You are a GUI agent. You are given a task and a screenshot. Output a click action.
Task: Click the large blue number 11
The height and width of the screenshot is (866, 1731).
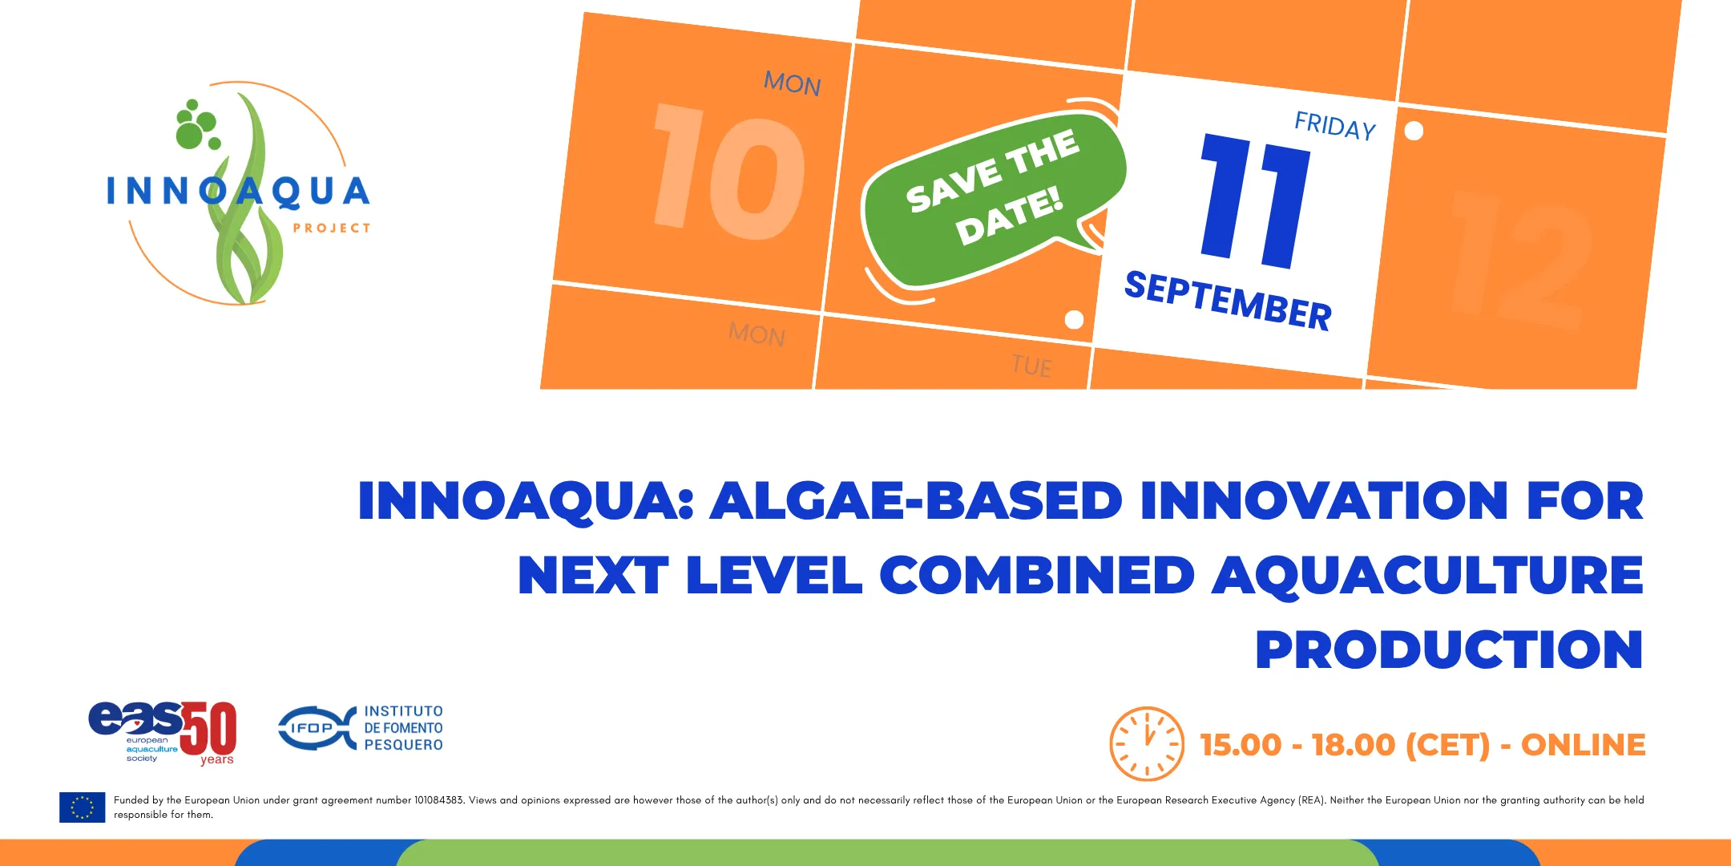pyautogui.click(x=1256, y=200)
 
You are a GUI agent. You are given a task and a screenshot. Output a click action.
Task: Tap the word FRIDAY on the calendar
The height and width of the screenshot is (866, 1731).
pyautogui.click(x=1335, y=126)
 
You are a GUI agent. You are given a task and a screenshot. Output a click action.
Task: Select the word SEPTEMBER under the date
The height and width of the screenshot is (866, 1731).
pyautogui.click(x=1228, y=301)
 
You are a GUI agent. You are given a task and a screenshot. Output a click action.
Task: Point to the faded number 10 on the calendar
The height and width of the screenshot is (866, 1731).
pyautogui.click(x=729, y=172)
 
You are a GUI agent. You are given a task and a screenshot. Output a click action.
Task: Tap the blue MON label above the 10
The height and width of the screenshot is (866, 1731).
pyautogui.click(x=793, y=83)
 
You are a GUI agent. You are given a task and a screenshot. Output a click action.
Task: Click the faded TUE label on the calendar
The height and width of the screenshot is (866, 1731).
pyautogui.click(x=1031, y=366)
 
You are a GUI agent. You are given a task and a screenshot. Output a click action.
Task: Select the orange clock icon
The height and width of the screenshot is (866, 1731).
pyautogui.click(x=1147, y=743)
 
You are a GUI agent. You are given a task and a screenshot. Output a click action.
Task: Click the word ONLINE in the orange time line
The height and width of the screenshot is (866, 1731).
pyautogui.click(x=1583, y=745)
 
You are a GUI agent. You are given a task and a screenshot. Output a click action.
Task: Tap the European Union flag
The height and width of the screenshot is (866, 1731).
pyautogui.click(x=82, y=807)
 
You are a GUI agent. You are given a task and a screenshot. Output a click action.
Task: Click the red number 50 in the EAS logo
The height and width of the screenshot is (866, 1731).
pyautogui.click(x=208, y=728)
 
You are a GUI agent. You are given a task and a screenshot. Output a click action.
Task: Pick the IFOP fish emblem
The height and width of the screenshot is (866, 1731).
pyautogui.click(x=317, y=728)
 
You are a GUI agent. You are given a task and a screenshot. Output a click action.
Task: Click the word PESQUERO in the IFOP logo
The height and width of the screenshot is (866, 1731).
pyautogui.click(x=404, y=745)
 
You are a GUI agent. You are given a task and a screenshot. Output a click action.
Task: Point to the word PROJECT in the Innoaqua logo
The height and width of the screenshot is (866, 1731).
pyautogui.click(x=332, y=229)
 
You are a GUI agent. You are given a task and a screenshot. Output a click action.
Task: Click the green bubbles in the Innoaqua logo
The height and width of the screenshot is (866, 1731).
pyautogui.click(x=196, y=125)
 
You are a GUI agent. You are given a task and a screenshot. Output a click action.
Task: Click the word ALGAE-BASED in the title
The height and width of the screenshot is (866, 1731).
pyautogui.click(x=917, y=501)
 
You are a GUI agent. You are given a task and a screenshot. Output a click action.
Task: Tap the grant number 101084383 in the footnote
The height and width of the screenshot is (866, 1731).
pyautogui.click(x=439, y=800)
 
